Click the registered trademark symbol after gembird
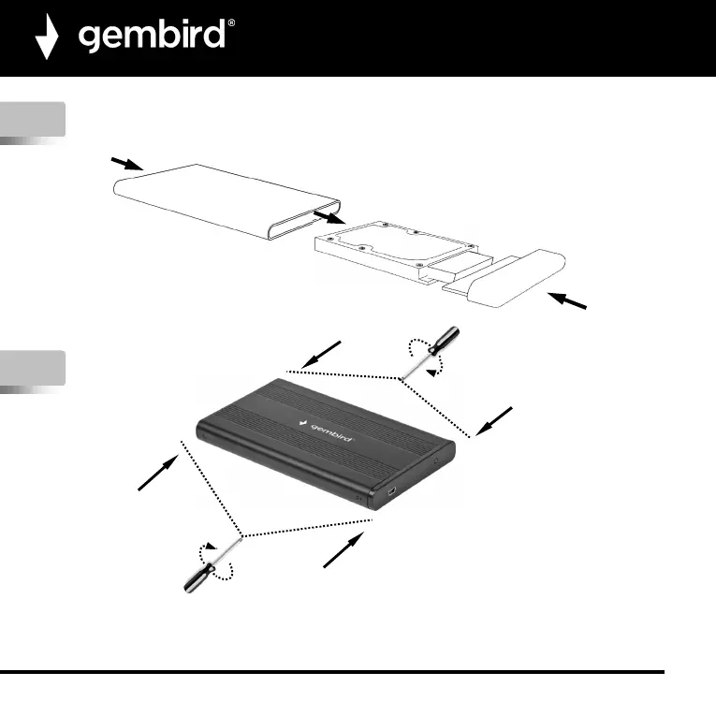tap(231, 24)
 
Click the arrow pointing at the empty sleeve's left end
tap(124, 164)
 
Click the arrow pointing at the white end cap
tap(568, 302)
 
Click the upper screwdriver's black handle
tap(445, 339)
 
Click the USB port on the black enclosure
tap(391, 490)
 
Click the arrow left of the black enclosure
tap(157, 471)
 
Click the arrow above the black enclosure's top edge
tap(323, 355)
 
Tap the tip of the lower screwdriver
tap(241, 537)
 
